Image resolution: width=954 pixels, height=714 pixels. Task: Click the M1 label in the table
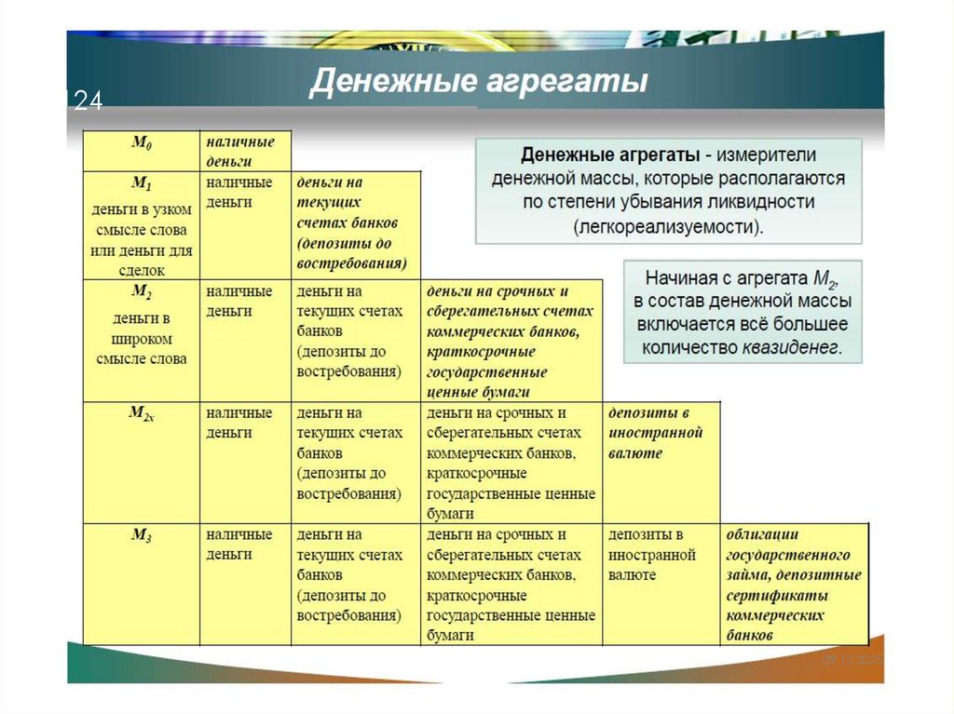(142, 183)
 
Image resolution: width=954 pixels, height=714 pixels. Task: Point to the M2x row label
(142, 414)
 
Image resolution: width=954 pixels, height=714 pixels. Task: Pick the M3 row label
(142, 535)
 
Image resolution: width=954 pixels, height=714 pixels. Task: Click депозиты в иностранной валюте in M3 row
(652, 555)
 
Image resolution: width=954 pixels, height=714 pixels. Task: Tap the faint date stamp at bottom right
(850, 660)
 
